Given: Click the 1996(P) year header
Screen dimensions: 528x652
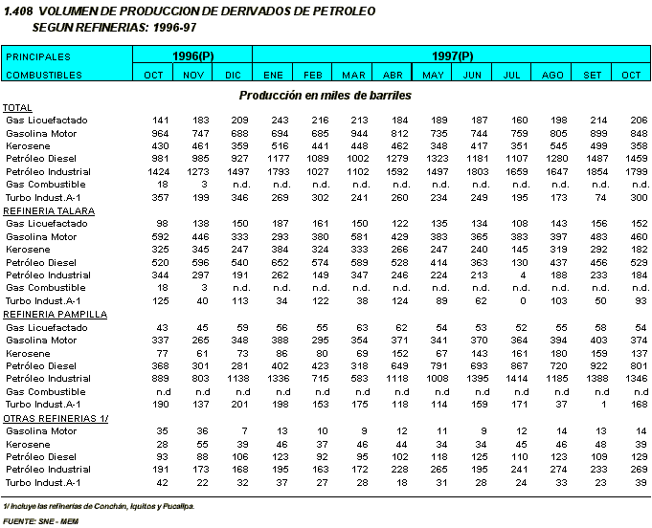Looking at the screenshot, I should [x=192, y=56].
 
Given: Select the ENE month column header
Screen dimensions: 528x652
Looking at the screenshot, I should [x=273, y=74].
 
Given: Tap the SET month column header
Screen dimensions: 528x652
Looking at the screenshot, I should [x=593, y=74].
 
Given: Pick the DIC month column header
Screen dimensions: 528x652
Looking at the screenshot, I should [x=233, y=74].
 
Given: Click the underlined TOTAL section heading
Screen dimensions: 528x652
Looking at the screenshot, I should [x=17, y=107].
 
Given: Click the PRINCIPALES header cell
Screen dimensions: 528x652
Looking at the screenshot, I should [x=38, y=56].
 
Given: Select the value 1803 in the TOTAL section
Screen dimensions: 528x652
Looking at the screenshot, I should [x=474, y=170].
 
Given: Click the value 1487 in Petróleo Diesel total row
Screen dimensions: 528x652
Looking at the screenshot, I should [x=595, y=158].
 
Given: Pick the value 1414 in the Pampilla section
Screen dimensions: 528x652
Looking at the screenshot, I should [x=514, y=379].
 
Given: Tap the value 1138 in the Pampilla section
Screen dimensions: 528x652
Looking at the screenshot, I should [x=233, y=379].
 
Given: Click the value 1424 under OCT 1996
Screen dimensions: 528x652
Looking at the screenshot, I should [x=153, y=170].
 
